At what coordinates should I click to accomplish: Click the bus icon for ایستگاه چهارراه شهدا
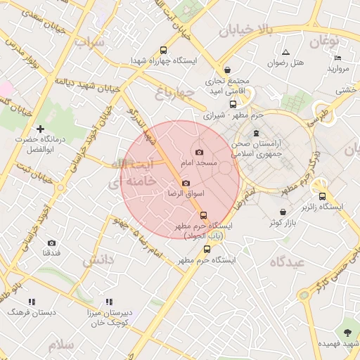tap(164, 51)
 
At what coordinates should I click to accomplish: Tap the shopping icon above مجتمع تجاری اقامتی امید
tap(228, 70)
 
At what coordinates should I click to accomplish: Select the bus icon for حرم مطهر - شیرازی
tap(233, 104)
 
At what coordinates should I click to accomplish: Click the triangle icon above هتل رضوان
tap(285, 52)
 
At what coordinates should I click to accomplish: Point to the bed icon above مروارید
tap(338, 58)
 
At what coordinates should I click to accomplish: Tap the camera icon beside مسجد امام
tap(199, 152)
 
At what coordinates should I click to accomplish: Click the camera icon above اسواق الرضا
tap(186, 183)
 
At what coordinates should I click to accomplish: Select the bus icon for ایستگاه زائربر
tap(322, 196)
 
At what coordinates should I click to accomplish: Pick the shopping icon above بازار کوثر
tap(283, 212)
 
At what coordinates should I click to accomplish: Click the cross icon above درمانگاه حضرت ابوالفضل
tap(40, 129)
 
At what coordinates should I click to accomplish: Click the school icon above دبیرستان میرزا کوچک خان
tap(108, 302)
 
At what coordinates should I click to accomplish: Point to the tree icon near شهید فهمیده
tap(347, 331)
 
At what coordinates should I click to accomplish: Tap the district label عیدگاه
tap(285, 262)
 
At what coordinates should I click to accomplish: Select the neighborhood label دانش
tap(98, 260)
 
